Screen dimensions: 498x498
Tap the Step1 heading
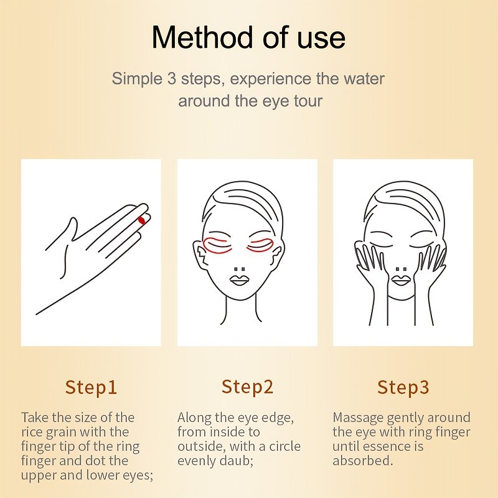pos(91,387)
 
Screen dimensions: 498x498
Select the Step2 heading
pos(247,387)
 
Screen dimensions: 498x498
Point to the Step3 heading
pos(403,387)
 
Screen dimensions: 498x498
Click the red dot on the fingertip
pos(142,220)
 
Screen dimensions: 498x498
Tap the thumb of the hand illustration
pos(70,232)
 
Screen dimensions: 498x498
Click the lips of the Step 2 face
pos(240,280)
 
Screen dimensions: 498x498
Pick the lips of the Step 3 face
pos(401,280)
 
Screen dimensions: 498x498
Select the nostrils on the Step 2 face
pos(240,269)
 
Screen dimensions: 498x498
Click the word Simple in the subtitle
pos(137,79)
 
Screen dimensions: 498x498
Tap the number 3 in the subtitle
pos(172,78)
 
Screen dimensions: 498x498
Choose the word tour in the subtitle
pos(308,101)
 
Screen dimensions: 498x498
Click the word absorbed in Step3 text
pos(363,461)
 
